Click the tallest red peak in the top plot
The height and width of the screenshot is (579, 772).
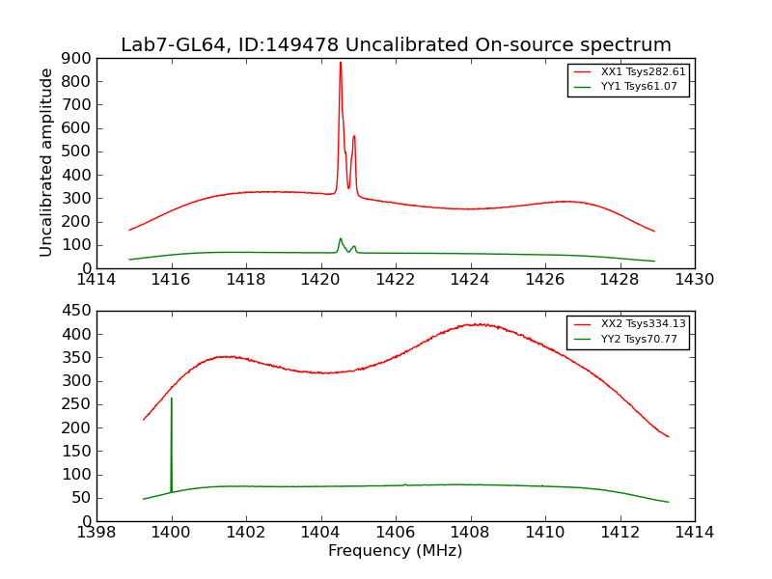[x=340, y=64]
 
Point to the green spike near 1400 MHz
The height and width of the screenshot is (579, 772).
[x=172, y=399]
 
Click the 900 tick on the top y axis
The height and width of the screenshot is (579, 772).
[x=77, y=59]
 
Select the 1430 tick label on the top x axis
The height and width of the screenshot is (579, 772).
[x=694, y=280]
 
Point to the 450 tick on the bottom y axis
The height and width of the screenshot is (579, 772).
[x=77, y=312]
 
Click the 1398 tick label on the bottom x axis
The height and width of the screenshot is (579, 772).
[x=96, y=533]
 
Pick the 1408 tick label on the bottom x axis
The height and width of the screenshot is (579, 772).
[x=470, y=533]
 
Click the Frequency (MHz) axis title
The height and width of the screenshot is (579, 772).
[x=395, y=551]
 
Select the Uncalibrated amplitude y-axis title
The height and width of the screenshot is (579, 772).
[x=46, y=162]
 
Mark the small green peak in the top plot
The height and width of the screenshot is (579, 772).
[x=340, y=238]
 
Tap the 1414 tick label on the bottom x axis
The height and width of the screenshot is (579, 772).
[x=694, y=533]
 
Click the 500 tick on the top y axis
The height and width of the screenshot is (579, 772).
[x=77, y=152]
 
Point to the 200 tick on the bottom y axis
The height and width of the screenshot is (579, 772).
[x=77, y=428]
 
